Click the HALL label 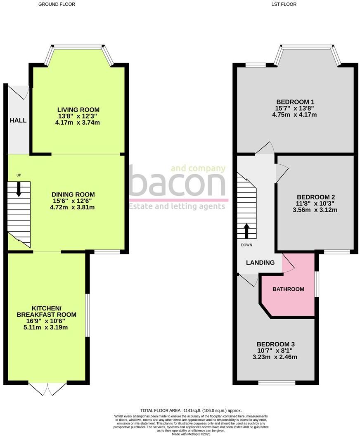(x=18, y=121)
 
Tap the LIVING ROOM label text (x=78, y=109)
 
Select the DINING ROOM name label (x=73, y=194)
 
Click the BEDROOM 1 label (x=295, y=102)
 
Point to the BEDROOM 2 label (x=315, y=197)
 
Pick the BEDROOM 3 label (x=276, y=344)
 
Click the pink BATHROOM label (x=288, y=289)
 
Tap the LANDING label (x=260, y=263)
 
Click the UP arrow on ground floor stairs (x=19, y=190)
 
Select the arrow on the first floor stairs (x=246, y=232)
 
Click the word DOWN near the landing (x=247, y=245)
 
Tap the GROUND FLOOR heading (x=57, y=4)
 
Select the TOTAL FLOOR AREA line (x=191, y=410)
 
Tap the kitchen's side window (x=87, y=315)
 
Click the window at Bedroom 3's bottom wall (x=277, y=383)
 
